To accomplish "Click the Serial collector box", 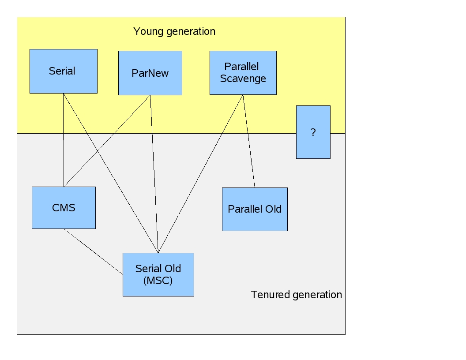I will (x=63, y=71).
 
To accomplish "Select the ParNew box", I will (x=150, y=73).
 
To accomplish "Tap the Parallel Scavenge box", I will (x=243, y=72).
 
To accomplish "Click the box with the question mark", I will (x=313, y=132).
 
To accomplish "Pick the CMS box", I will (x=64, y=207).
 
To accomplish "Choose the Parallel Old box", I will (x=255, y=209).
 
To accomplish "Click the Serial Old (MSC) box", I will (x=158, y=274).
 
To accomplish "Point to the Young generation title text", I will (x=174, y=31).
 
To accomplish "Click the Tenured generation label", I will (x=296, y=295).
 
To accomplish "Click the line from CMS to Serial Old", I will (x=93, y=251).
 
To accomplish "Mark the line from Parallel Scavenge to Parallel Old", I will (x=249, y=141).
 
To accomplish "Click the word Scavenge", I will (x=243, y=79).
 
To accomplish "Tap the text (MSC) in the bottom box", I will (x=158, y=281).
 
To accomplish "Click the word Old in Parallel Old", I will (x=273, y=209).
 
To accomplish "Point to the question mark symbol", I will (x=313, y=132).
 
